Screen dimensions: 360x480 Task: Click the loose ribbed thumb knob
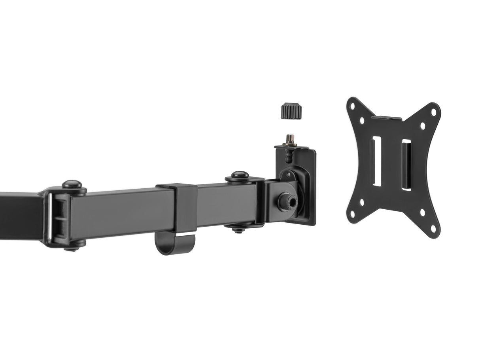(x=291, y=110)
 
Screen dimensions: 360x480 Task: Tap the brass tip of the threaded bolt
(x=291, y=139)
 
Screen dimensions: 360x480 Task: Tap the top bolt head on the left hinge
(x=72, y=184)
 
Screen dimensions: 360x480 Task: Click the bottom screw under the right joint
(x=238, y=229)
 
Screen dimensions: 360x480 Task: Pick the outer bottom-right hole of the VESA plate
(x=433, y=229)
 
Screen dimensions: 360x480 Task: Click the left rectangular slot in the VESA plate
(x=376, y=161)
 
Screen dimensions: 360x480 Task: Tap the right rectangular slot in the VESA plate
(x=406, y=165)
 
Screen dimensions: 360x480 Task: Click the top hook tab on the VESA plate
(x=386, y=118)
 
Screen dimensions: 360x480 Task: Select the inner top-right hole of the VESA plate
(x=422, y=126)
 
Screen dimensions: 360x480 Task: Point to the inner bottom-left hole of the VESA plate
(x=362, y=202)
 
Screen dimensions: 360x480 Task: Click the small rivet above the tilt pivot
(x=288, y=173)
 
